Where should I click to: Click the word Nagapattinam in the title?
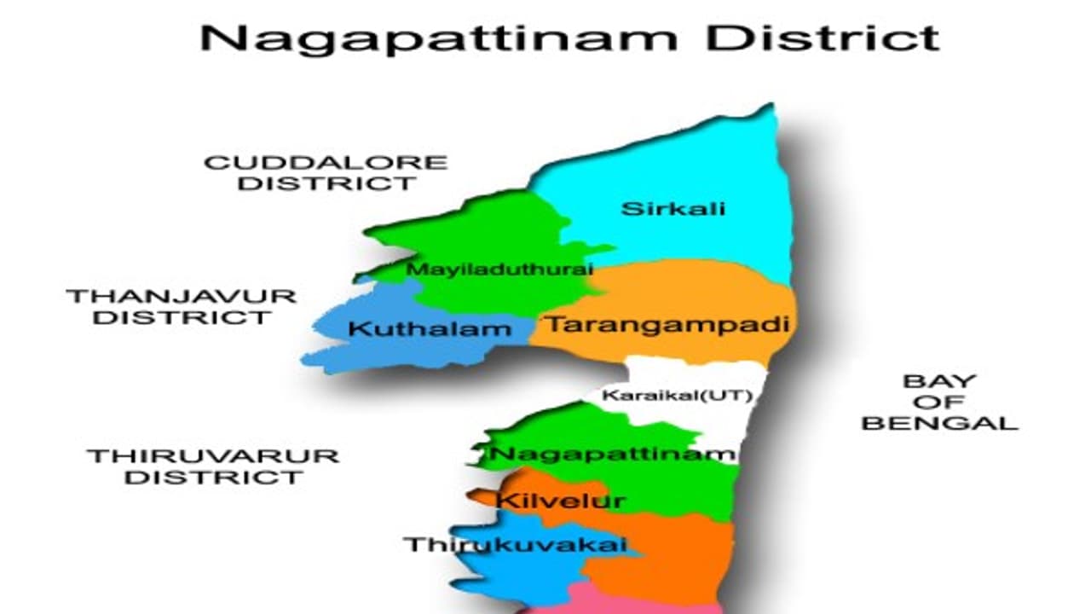[x=439, y=38]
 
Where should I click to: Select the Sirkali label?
[x=673, y=208]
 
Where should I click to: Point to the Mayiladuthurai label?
[x=499, y=269]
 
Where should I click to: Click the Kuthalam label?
[x=424, y=328]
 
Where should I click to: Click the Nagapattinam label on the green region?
[x=611, y=454]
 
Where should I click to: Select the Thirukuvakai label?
[x=516, y=545]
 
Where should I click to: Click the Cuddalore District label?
[x=326, y=172]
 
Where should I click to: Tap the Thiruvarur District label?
[x=213, y=466]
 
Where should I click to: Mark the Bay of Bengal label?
[x=939, y=402]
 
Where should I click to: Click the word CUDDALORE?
[x=326, y=162]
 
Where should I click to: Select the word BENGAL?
[x=939, y=422]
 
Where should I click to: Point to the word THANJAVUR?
[x=182, y=297]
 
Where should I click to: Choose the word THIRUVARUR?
[x=213, y=455]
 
